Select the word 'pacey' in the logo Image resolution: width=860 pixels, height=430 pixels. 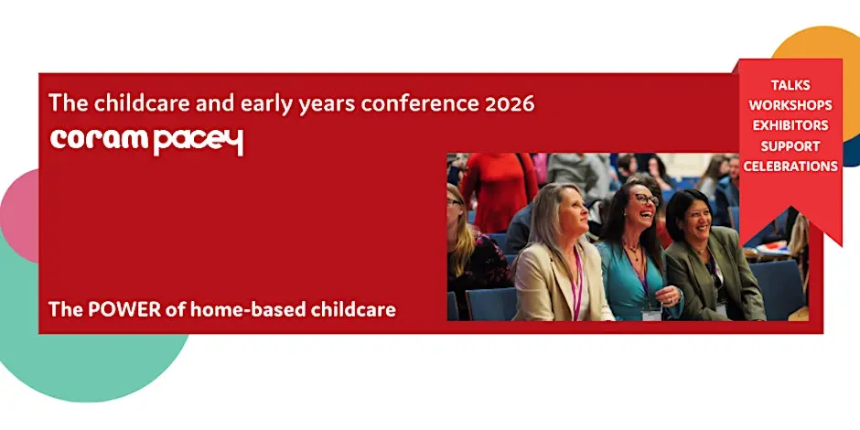[x=198, y=143]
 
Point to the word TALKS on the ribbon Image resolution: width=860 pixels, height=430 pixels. [x=790, y=85]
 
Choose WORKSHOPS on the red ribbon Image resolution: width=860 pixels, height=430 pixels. [x=790, y=105]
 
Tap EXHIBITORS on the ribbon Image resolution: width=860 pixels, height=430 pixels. [x=790, y=125]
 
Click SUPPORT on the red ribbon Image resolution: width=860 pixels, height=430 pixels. [x=790, y=146]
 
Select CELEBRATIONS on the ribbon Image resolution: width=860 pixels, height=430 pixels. [x=790, y=167]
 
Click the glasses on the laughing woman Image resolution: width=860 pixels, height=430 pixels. [x=648, y=199]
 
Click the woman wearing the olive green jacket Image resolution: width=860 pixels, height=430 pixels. [x=713, y=257]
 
